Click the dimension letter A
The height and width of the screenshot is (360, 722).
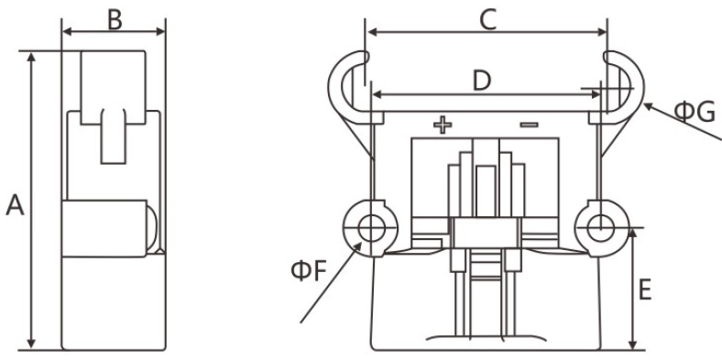point(15,205)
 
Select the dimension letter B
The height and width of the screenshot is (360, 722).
point(115,20)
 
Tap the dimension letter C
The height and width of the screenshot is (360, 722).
point(488,20)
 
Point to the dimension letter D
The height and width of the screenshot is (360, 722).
point(482,81)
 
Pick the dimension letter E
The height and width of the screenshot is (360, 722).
point(645,290)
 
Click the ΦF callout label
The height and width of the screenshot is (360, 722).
point(309,271)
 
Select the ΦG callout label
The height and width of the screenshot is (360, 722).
point(695,113)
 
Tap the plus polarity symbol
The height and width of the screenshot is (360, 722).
point(443,125)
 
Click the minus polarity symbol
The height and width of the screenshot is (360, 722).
point(529,125)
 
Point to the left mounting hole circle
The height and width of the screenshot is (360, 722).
point(371,218)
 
